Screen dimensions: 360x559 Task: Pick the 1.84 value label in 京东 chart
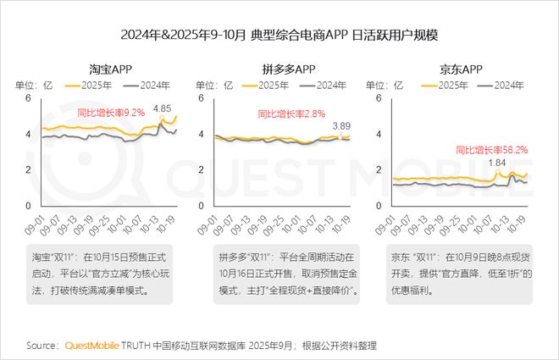(497, 163)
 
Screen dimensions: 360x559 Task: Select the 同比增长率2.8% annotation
(286, 113)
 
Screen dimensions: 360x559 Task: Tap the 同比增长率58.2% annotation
(493, 148)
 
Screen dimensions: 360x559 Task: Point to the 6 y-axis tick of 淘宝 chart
(28, 97)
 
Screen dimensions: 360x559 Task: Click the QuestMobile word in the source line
(95, 346)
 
